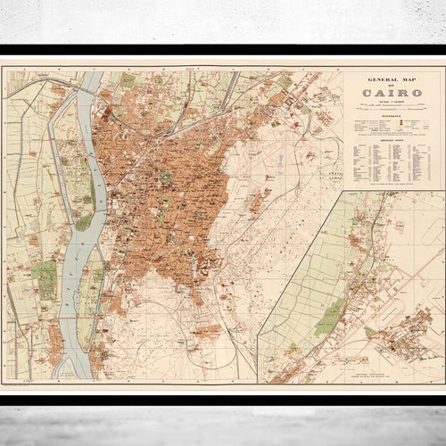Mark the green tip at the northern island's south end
[x=83, y=223]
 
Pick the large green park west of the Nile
[x=44, y=278]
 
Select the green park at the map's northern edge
[x=128, y=81]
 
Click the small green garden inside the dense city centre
[x=165, y=177]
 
